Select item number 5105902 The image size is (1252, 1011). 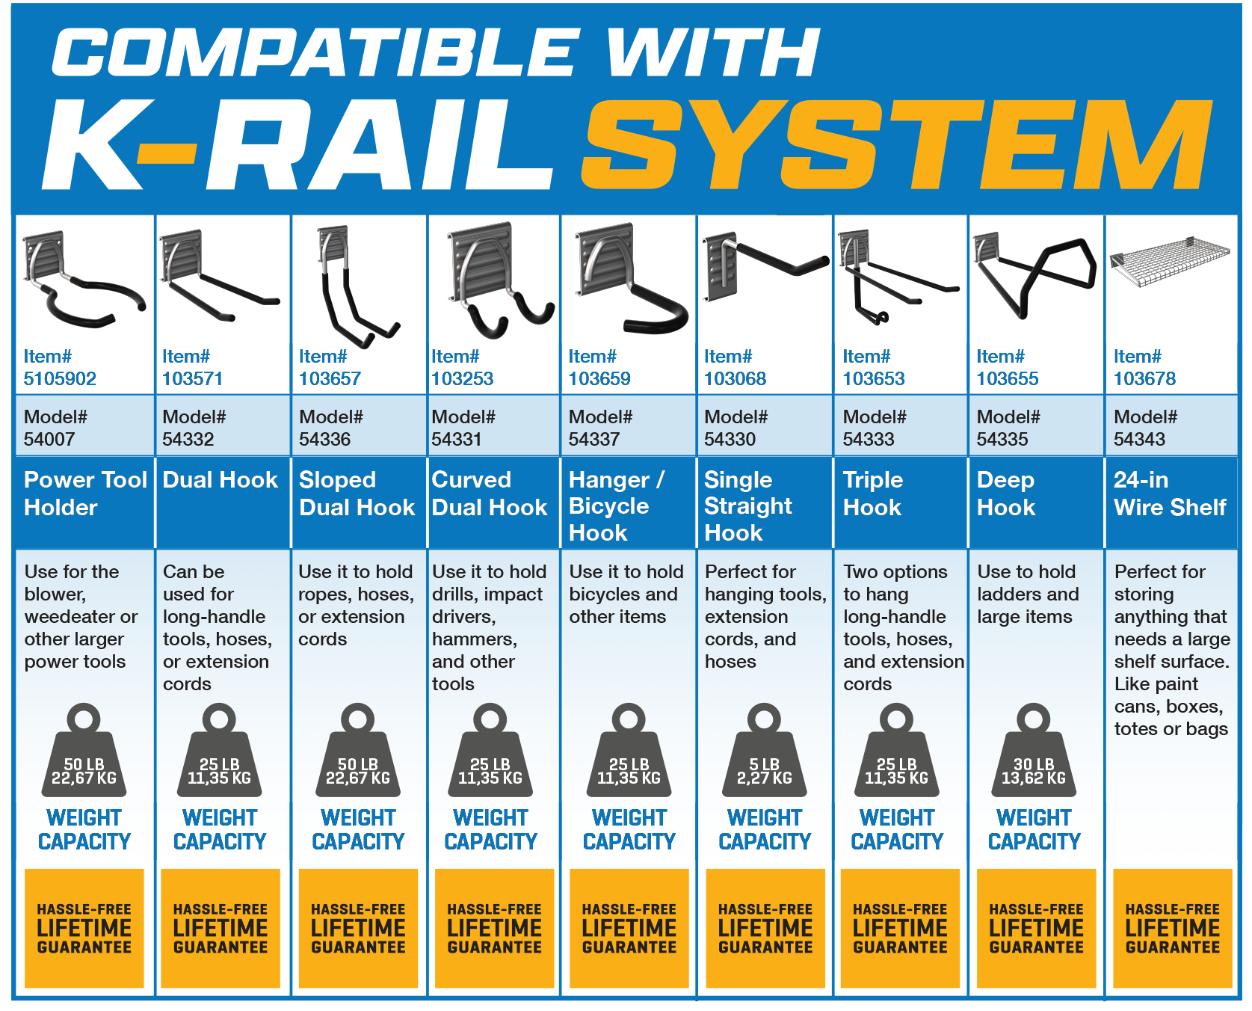pyautogui.click(x=60, y=378)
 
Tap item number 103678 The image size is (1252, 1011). pyautogui.click(x=1144, y=378)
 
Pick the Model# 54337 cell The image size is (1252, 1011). pyautogui.click(x=600, y=428)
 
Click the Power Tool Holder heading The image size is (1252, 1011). pyautogui.click(x=84, y=494)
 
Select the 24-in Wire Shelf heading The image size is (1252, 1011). pyautogui.click(x=1170, y=494)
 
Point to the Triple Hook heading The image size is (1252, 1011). pyautogui.click(x=873, y=494)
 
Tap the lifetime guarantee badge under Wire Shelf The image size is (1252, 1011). pyautogui.click(x=1172, y=928)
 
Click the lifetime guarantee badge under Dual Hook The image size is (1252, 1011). pyautogui.click(x=221, y=928)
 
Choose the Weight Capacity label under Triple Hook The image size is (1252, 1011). pyautogui.click(x=897, y=830)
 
